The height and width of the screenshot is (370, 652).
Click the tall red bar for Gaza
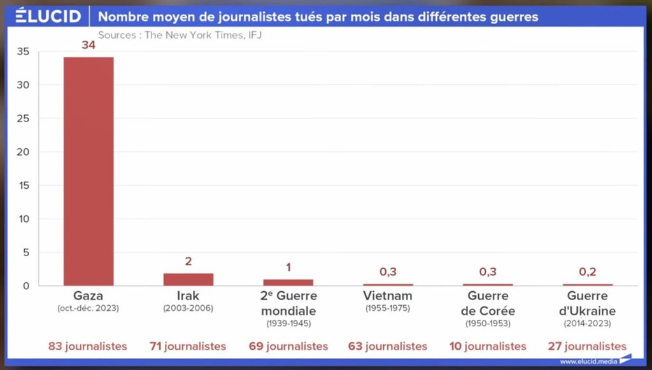89,171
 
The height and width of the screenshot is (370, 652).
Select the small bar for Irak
188,279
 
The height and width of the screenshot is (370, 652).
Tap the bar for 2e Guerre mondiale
288,282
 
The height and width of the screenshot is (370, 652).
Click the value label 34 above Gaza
89,46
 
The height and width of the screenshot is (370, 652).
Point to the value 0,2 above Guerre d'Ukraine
588,271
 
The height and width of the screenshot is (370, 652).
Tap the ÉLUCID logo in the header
48,15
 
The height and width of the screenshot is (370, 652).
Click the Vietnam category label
388,296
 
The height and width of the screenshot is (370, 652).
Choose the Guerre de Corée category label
488,303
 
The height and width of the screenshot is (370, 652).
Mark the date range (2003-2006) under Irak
188,308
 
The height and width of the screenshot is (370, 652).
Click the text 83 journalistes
88,346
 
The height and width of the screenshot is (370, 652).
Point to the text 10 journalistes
488,346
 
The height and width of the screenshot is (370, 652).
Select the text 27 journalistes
587,346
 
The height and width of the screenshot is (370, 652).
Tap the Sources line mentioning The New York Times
180,35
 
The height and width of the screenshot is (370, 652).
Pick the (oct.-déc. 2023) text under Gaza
89,308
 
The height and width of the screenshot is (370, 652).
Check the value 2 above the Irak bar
188,261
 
